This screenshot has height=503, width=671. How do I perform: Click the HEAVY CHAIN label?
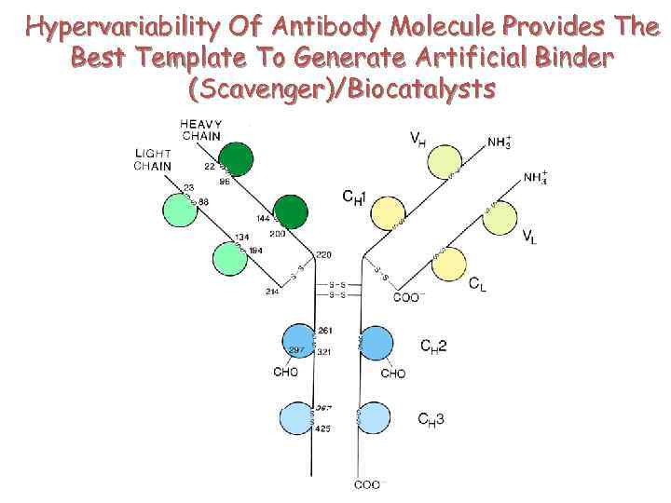point(201,129)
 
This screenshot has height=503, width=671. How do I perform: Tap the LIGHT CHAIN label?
point(153,159)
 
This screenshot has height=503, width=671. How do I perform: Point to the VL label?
point(528,238)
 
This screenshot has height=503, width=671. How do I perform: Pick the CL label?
point(477,283)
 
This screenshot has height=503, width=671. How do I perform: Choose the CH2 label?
point(433,347)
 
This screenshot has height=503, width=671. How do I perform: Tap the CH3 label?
point(431,419)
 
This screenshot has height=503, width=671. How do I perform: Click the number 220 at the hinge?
point(324,255)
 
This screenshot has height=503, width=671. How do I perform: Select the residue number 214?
point(273,292)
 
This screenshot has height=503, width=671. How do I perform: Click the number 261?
point(325,331)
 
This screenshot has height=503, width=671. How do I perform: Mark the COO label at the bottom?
point(366,484)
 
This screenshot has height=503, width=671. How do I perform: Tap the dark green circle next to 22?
point(238,158)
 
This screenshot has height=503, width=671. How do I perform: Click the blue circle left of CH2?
point(376,343)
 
